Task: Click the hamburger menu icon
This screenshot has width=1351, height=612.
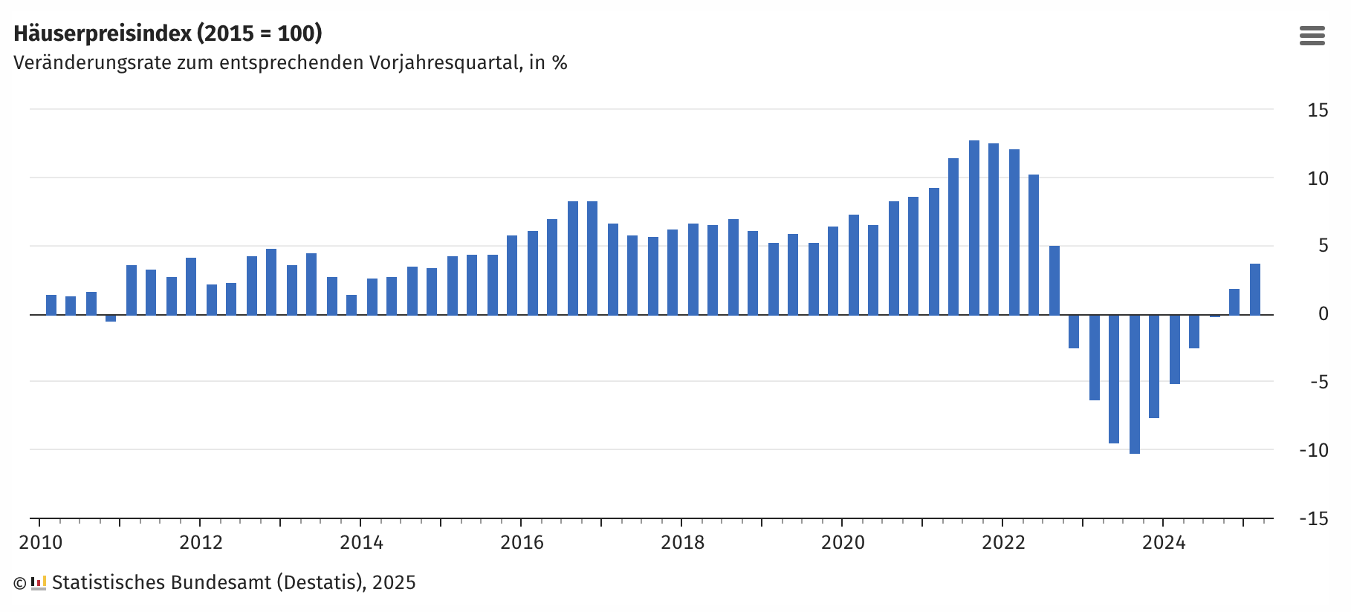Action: [x=1312, y=36]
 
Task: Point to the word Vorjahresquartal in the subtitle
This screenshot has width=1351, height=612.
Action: [x=446, y=63]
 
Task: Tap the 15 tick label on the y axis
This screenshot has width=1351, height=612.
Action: [x=1318, y=111]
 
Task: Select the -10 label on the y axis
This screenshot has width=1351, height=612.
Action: [x=1314, y=450]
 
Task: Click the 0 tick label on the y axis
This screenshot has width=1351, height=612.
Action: [x=1323, y=314]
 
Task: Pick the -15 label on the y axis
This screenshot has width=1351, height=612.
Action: [x=1314, y=518]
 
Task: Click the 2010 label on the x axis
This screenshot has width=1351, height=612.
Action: [x=41, y=543]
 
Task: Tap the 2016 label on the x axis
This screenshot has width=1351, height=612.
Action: [x=522, y=543]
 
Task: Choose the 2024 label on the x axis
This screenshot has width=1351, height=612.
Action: [x=1164, y=543]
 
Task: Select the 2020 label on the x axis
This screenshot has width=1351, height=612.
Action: [x=843, y=543]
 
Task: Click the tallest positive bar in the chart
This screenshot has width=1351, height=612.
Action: [x=973, y=227]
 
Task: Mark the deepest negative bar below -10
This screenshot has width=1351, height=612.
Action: [x=1134, y=384]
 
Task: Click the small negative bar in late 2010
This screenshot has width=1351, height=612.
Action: [x=111, y=318]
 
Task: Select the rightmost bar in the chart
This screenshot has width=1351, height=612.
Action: [x=1254, y=289]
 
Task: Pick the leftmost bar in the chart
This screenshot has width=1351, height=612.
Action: [x=51, y=305]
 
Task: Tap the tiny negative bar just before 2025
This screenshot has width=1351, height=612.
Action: [x=1214, y=316]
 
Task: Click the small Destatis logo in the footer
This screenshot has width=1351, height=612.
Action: [x=39, y=583]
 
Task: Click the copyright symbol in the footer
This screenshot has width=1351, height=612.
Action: [x=20, y=584]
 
